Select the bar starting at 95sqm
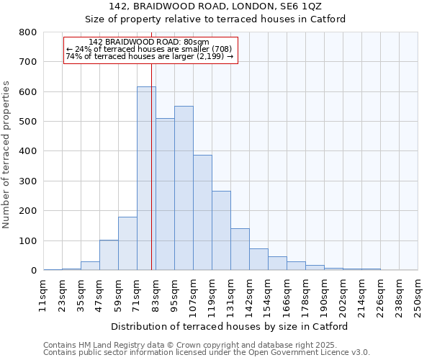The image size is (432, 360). point(184,188)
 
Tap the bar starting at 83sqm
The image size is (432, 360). point(165,194)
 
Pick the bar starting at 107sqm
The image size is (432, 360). point(202,212)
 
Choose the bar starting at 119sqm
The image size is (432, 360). point(221,230)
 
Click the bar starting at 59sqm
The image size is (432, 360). point(127,243)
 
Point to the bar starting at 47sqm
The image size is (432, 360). point(109,255)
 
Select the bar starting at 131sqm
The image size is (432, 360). point(240,249)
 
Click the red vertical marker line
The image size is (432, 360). point(152,158)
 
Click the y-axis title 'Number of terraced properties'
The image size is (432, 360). point(7,154)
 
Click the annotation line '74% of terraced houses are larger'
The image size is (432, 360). point(149,56)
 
